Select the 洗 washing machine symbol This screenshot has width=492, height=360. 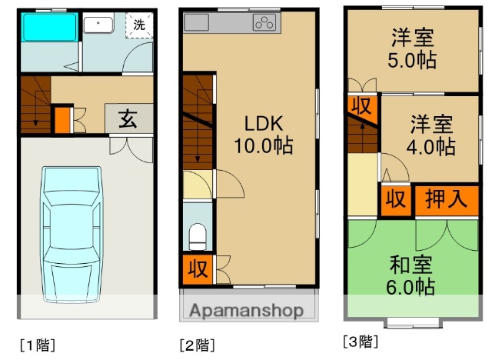(139, 25)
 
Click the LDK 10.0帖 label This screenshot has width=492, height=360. (264, 135)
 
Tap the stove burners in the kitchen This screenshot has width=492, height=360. (264, 23)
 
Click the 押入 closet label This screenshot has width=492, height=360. (445, 199)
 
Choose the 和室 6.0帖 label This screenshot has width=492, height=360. (411, 275)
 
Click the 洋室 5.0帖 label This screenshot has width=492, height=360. (412, 48)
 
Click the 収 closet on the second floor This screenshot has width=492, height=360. (197, 269)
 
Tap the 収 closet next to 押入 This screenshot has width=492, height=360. (395, 199)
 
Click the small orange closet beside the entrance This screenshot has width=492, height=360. (61, 119)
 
